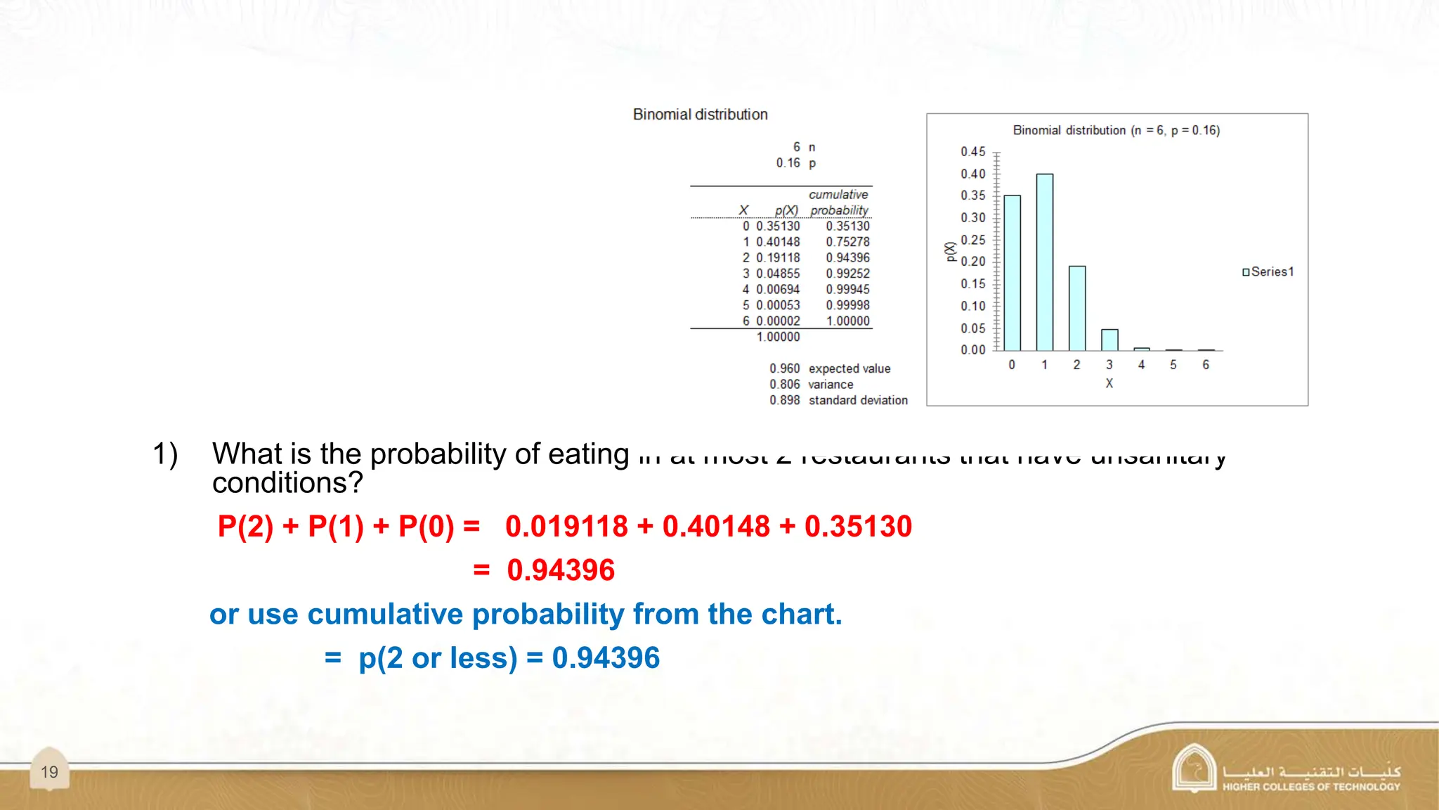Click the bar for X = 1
tap(1045, 262)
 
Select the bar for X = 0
tap(1012, 273)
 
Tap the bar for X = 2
tap(1077, 308)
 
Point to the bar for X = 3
tap(1109, 340)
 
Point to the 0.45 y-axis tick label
tap(973, 152)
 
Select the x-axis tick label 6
tap(1206, 365)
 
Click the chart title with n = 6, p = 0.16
tap(1116, 130)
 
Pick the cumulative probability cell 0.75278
tap(847, 242)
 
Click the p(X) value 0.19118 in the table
tap(778, 258)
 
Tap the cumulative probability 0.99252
tap(847, 274)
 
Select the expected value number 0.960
tap(784, 368)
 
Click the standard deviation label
tap(858, 400)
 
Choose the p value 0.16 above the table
tap(788, 163)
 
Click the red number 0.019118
tap(566, 527)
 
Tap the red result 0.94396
tap(561, 570)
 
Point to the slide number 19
tap(49, 772)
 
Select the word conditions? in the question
tap(287, 484)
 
